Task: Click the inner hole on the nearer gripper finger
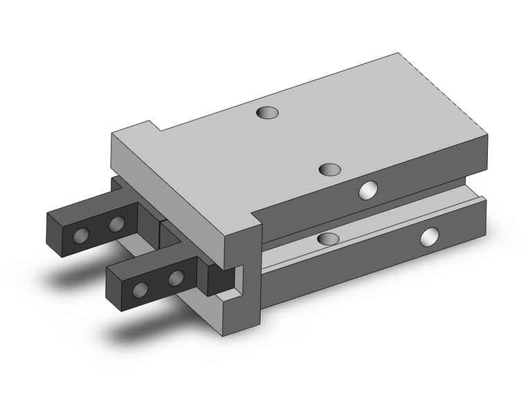[x=176, y=278]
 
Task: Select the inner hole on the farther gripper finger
[x=116, y=223]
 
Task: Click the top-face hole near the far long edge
[x=265, y=111]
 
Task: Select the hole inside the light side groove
[x=327, y=239]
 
